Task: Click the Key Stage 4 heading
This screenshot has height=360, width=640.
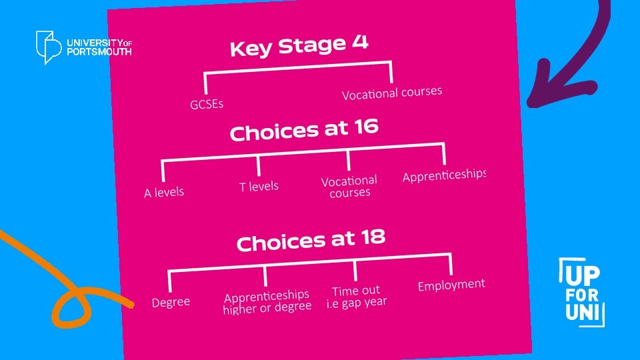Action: point(299,47)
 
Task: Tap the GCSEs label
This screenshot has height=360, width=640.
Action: point(207,104)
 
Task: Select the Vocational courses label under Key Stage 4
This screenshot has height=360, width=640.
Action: point(392,93)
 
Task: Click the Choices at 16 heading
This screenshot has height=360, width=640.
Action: point(304,129)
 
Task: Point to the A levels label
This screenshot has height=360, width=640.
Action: point(164,193)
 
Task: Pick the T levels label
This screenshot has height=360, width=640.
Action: point(259,187)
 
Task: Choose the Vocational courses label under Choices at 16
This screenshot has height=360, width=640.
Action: point(349,187)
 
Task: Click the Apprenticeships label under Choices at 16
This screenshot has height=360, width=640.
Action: point(444,175)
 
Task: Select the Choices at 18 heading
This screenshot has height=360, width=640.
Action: point(311,241)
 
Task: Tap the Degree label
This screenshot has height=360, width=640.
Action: point(171,303)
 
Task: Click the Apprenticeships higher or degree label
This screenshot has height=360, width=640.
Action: point(267,301)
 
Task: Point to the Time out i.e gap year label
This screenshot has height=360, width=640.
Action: point(356,297)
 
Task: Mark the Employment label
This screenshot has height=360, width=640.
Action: point(451,285)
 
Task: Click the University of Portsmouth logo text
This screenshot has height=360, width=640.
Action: point(99,47)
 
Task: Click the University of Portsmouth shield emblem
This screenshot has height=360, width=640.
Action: point(49,47)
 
